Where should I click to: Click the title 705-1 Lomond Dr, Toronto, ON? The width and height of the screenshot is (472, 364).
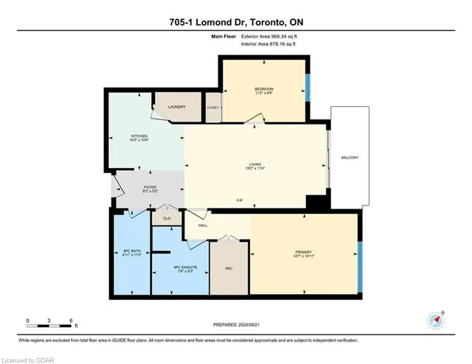pyautogui.click(x=236, y=21)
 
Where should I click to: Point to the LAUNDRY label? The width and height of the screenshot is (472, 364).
pyautogui.click(x=176, y=108)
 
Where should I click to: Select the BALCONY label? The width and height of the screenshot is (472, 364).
pyautogui.click(x=350, y=158)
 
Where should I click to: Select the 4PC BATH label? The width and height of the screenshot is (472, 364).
pyautogui.click(x=131, y=253)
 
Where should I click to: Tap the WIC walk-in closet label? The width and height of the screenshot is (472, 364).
pyautogui.click(x=229, y=268)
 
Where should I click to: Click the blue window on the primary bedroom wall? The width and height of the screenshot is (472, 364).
pyautogui.click(x=359, y=265)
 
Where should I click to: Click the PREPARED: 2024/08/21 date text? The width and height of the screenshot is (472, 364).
pyautogui.click(x=236, y=326)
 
